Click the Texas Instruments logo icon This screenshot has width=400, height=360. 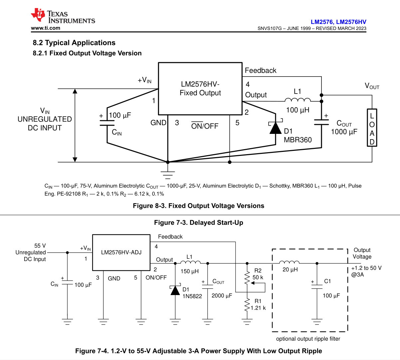pos(38,15)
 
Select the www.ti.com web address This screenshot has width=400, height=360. pos(46,28)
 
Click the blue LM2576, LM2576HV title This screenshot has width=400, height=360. pos(338,22)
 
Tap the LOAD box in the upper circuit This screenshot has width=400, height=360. pos(372,128)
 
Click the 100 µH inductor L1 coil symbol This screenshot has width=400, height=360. pos(298,100)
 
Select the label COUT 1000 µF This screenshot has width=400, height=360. pos(344,127)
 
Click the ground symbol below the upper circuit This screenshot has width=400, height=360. pos(168,175)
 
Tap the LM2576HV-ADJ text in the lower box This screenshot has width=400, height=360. pos(121,252)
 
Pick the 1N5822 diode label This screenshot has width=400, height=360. pos(192,296)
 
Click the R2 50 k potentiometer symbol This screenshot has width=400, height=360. pos(247,278)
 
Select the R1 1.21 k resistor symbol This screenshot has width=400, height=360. pos(247,305)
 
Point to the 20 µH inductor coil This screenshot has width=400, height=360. pos(289,262)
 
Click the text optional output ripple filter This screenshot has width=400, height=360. pos(308,339)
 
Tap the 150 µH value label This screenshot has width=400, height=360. pos(190,271)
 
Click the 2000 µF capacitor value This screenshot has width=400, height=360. pos(222,295)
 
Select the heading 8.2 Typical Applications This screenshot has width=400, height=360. pos(74,43)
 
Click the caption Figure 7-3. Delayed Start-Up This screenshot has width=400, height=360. pos(199,222)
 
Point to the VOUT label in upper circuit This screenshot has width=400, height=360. pos(372,86)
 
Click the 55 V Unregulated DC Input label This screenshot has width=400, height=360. pos(31,252)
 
